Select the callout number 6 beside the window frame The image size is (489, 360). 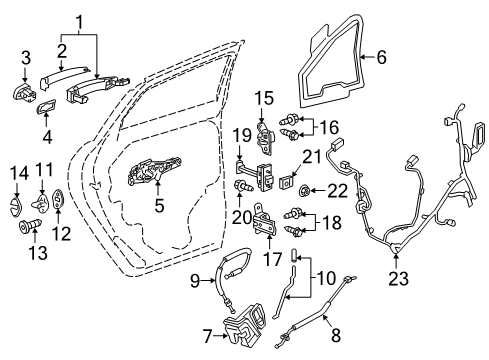381,58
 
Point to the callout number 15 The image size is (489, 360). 263,97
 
